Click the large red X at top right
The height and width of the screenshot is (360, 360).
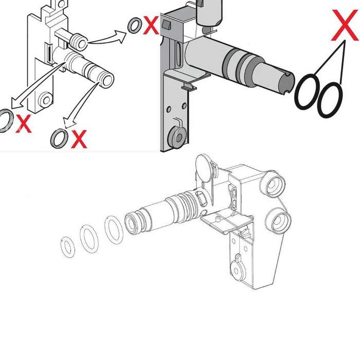pyautogui.click(x=345, y=25)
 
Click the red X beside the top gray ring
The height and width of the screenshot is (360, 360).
pyautogui.click(x=151, y=25)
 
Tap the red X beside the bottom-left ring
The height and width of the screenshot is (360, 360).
pyautogui.click(x=24, y=123)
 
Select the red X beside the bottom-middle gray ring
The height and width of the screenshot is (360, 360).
pyautogui.click(x=79, y=139)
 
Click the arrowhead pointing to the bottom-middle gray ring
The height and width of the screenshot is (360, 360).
pyautogui.click(x=69, y=122)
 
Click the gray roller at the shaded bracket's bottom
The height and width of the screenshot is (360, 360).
pyautogui.click(x=177, y=137)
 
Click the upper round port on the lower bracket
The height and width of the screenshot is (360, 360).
pyautogui.click(x=273, y=184)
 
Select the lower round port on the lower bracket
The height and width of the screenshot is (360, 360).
pyautogui.click(x=278, y=221)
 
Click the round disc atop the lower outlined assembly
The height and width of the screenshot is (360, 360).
pyautogui.click(x=204, y=168)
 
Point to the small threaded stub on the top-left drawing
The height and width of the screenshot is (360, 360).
pyautogui.click(x=79, y=42)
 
